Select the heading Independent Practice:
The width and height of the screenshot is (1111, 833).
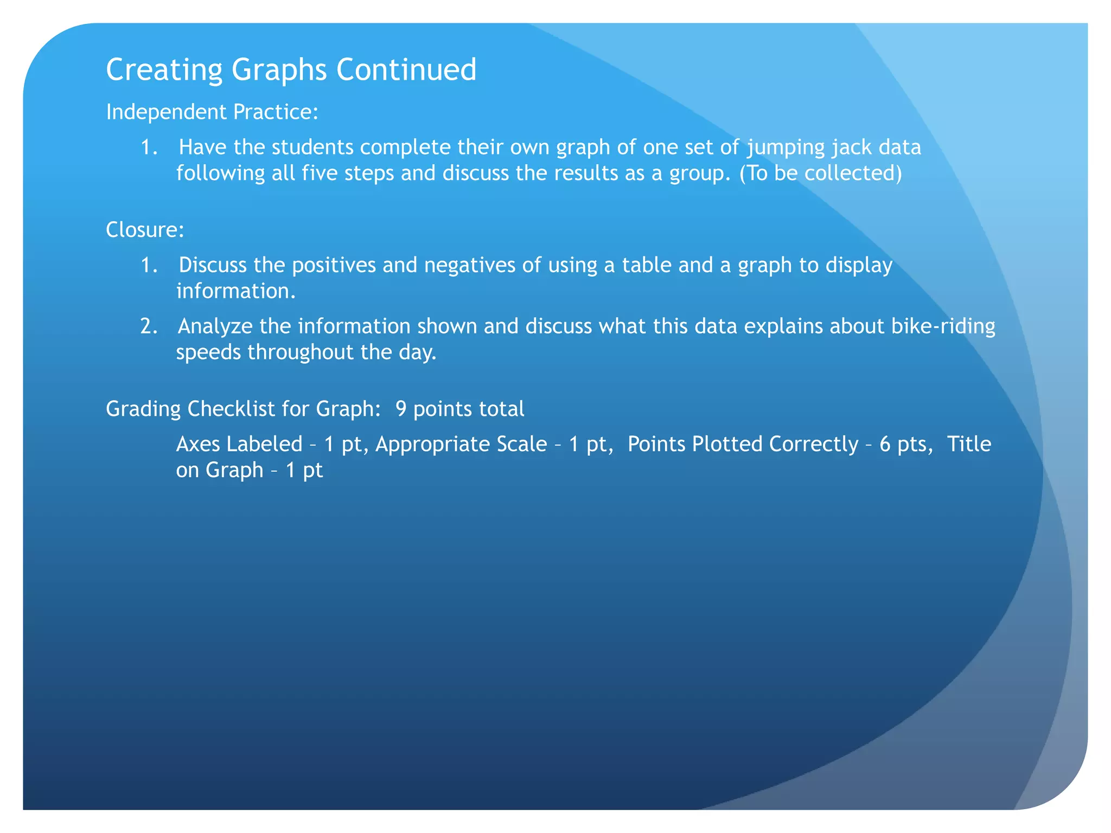[212, 112]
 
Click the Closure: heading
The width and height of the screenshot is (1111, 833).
[145, 230]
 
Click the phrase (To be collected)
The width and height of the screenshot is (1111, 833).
[821, 173]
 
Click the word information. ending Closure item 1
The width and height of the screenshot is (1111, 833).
[236, 291]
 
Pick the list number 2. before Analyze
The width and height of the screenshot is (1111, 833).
[149, 326]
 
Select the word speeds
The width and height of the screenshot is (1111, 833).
[208, 353]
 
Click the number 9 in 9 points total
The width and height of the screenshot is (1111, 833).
[400, 409]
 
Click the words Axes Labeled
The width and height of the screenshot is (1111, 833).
[239, 444]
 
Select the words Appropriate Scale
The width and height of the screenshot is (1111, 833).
[461, 444]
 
